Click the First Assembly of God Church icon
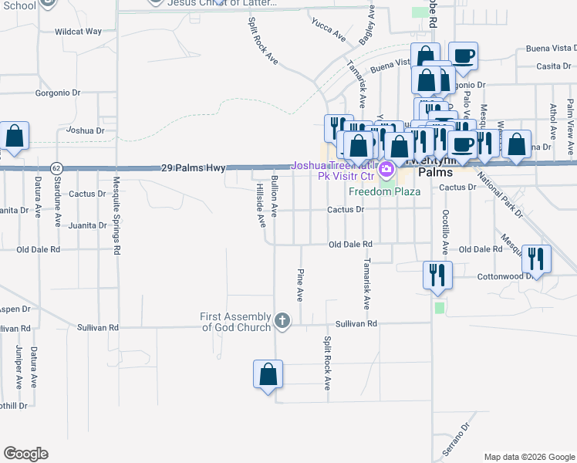[x=282, y=321]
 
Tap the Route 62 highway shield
[x=56, y=167]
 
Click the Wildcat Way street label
[x=78, y=32]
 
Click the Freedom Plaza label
[x=384, y=191]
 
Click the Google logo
[x=25, y=454]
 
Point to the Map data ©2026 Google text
[x=528, y=457]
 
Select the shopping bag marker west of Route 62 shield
[x=15, y=136]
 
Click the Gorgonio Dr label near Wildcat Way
[x=58, y=93]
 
